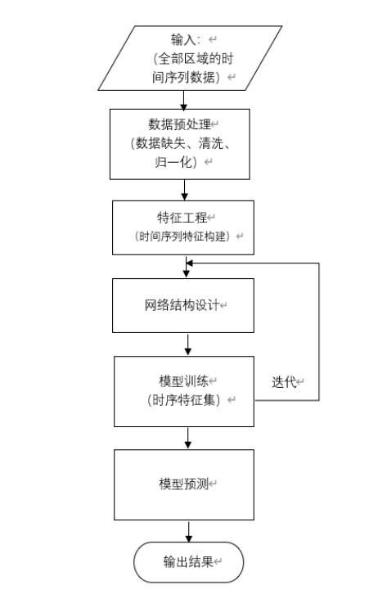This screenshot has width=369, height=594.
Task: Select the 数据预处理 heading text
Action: coord(179,124)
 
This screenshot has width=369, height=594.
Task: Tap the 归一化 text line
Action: coord(176,162)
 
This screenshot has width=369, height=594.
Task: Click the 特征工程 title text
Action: coord(182,218)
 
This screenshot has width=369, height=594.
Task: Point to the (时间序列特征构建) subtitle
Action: coord(182,236)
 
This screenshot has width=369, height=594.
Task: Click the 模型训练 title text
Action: coord(183,381)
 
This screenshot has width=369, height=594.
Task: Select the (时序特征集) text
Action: coord(183,400)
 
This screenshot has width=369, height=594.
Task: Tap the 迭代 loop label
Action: coord(284,382)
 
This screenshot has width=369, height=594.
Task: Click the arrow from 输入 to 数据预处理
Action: coord(184,100)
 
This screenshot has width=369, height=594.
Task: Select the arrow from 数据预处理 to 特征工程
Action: coord(185,190)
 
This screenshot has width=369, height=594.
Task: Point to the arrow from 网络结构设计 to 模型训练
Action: coord(187,344)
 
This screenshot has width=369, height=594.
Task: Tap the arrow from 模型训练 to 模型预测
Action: coord(188,438)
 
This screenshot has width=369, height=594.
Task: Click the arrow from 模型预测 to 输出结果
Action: coord(189,532)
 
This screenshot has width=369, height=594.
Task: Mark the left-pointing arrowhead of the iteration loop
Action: coord(190,263)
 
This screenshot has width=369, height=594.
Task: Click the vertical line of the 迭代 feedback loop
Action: coord(318,331)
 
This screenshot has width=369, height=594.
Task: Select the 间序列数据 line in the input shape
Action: coord(186,77)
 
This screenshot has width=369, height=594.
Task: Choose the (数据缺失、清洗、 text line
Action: coord(180,143)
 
